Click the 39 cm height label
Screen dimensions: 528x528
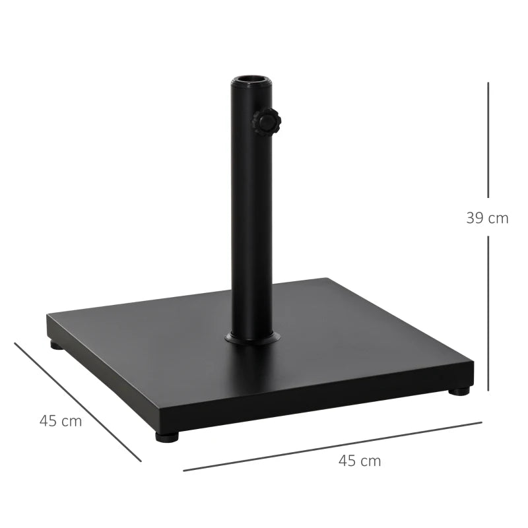(x=487, y=218)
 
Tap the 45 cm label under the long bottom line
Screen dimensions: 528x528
(x=360, y=461)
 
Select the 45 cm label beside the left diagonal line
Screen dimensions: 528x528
(x=61, y=421)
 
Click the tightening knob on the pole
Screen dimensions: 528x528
(x=266, y=122)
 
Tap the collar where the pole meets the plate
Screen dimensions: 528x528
(x=252, y=339)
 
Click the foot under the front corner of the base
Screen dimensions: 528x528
(x=167, y=436)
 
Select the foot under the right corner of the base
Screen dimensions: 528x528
(x=459, y=391)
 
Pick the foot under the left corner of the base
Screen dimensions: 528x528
(x=57, y=345)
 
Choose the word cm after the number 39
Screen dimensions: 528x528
(x=498, y=218)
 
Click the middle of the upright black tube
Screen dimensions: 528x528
(x=251, y=211)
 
